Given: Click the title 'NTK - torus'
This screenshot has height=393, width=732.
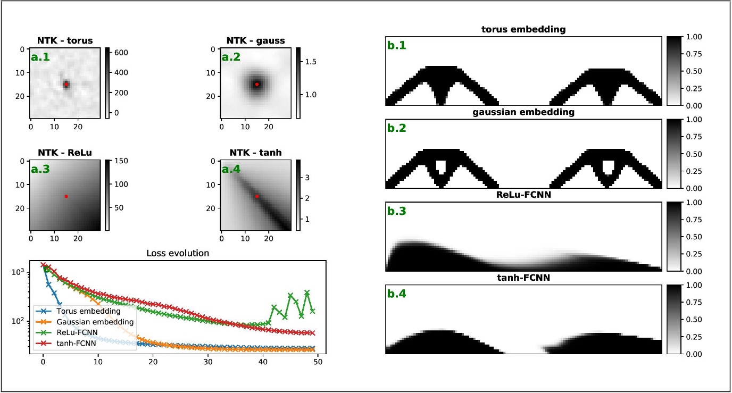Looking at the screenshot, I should (64, 40).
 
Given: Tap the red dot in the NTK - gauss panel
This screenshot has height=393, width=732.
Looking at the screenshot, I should (256, 84).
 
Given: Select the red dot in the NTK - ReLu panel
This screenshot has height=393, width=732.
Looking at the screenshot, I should (66, 196).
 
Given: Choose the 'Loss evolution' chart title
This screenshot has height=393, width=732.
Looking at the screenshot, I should (177, 253).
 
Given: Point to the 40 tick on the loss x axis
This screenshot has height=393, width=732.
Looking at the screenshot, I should (262, 362).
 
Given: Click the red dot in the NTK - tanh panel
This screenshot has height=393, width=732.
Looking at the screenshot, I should (256, 196).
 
